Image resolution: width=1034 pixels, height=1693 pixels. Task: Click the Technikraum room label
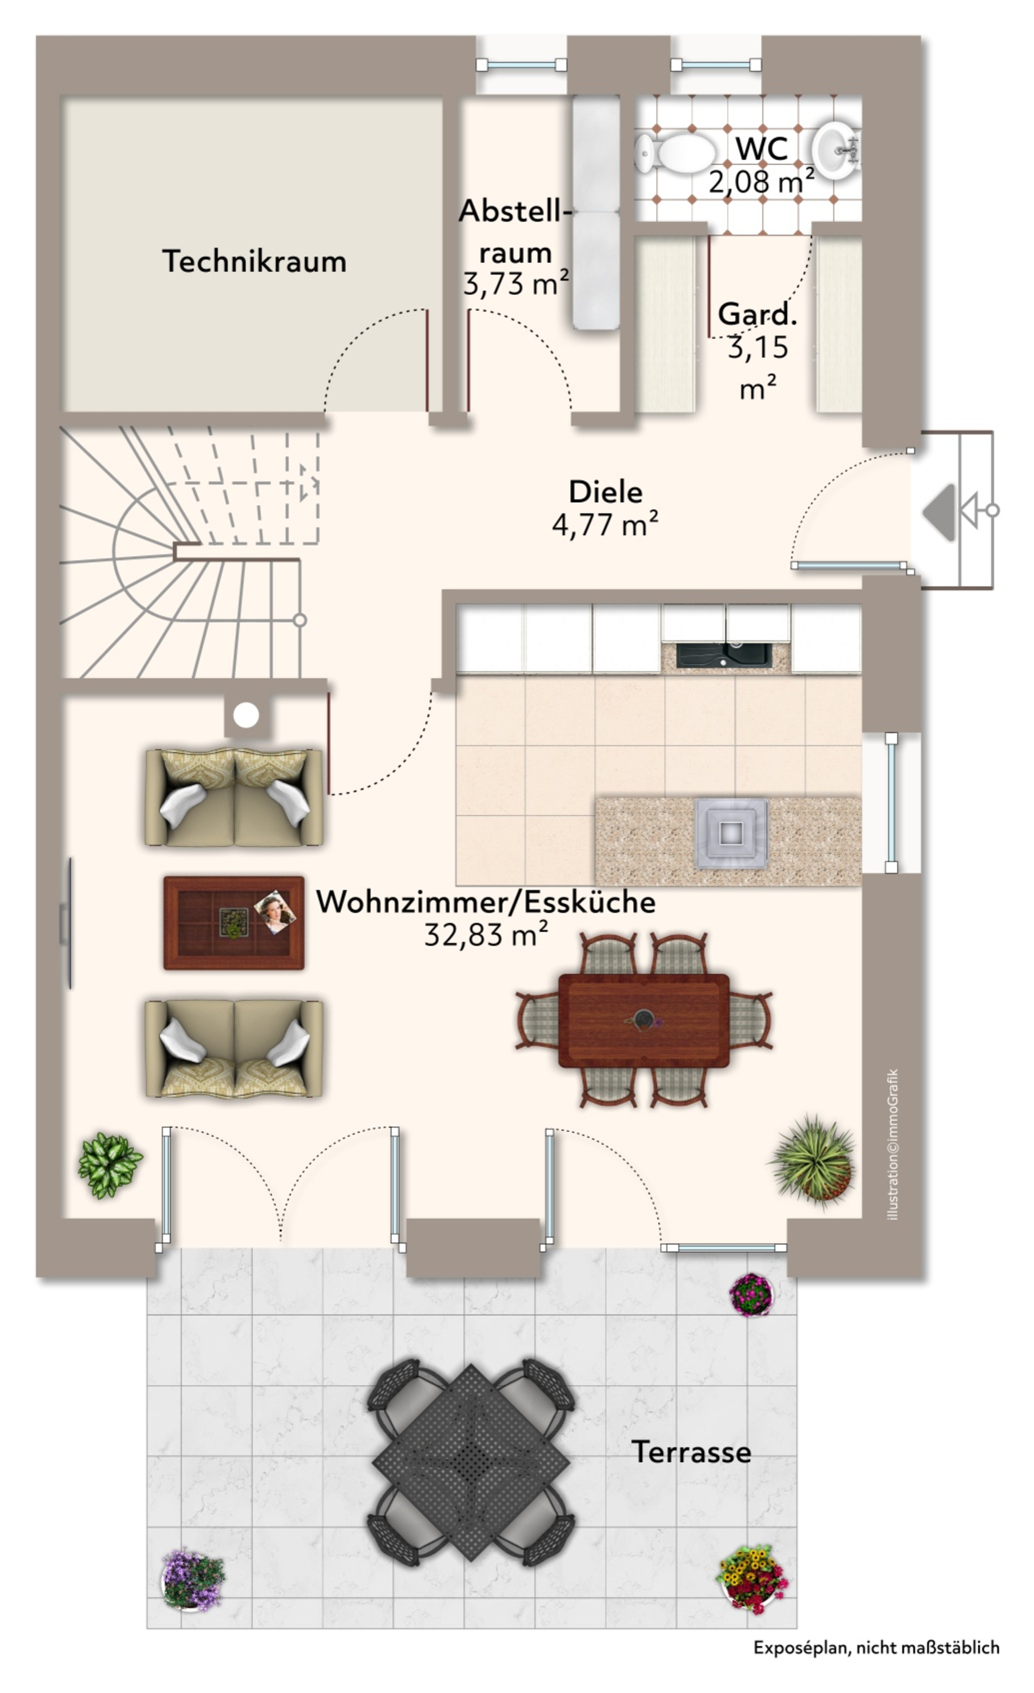(254, 262)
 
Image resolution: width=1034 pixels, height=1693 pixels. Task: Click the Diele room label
(605, 492)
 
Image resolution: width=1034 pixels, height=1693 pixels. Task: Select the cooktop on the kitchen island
(731, 833)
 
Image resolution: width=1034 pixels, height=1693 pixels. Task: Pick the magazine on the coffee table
(275, 912)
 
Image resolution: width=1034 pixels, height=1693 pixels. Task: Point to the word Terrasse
(691, 1452)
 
